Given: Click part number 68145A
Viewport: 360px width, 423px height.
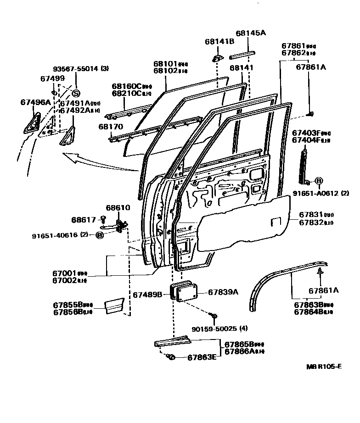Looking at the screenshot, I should [251, 33].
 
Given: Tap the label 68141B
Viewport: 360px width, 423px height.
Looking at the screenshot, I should [219, 41].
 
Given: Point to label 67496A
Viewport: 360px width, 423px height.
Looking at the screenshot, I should [35, 102].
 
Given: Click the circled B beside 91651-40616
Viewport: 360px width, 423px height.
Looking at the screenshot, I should [99, 235].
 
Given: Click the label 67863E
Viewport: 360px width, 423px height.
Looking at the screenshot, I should [202, 358].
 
